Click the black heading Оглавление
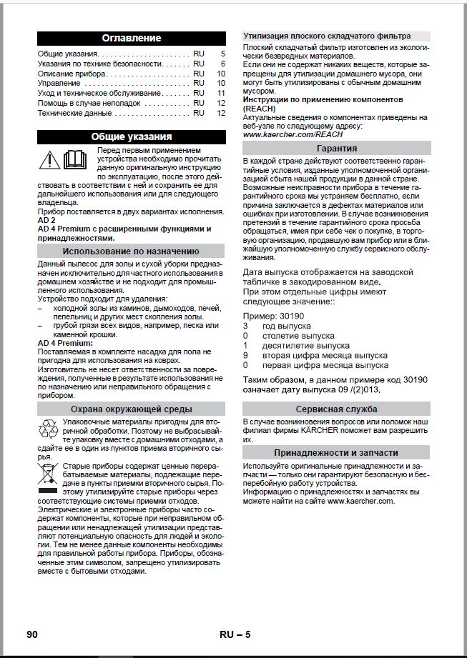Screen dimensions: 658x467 click(132, 38)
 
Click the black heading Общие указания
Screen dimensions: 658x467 click(132, 136)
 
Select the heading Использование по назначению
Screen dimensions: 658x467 click(132, 251)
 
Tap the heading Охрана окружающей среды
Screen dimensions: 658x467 click(132, 409)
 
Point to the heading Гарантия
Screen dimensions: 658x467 click(337, 148)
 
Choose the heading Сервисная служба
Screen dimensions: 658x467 click(337, 410)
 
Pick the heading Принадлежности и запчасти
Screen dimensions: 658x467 click(337, 453)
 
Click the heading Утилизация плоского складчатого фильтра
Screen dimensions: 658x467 click(327, 36)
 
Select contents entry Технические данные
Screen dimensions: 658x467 click(74, 113)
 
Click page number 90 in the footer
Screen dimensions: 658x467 click(31, 635)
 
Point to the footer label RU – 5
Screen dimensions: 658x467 click(235, 635)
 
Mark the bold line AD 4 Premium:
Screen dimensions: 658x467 click(65, 343)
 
